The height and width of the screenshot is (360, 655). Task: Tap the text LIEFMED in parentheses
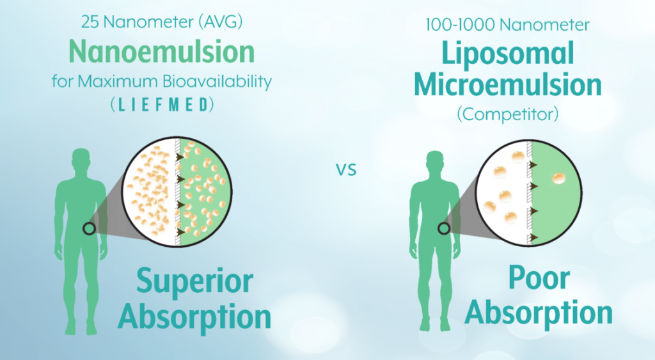click(x=162, y=105)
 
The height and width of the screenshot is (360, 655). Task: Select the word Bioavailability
click(x=217, y=81)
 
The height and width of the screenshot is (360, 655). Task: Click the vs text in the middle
click(x=346, y=169)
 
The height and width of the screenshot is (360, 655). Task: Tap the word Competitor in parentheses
click(x=508, y=114)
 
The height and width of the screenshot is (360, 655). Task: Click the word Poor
click(x=539, y=278)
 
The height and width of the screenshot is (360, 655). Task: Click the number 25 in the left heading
click(x=90, y=22)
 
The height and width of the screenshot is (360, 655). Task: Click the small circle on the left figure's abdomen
click(x=89, y=228)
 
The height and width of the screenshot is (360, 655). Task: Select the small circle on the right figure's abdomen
click(x=444, y=228)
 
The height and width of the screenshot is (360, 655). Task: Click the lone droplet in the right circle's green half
click(x=558, y=178)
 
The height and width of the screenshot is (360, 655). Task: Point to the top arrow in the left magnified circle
click(x=180, y=157)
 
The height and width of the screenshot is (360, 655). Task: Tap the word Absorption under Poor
click(x=539, y=313)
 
